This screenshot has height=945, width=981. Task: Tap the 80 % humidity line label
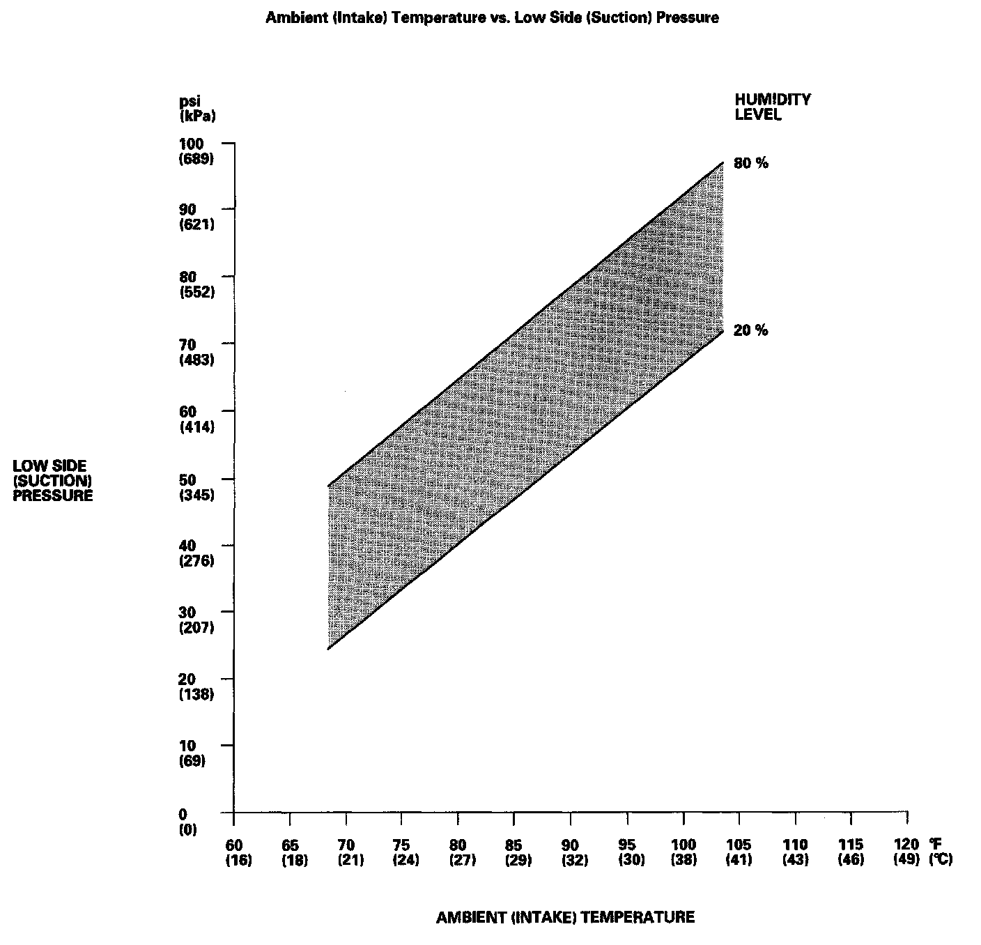pos(750,164)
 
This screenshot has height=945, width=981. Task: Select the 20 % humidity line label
pos(750,331)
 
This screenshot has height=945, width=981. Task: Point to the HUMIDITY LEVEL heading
pos(772,107)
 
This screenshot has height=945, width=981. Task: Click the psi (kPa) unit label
pos(197,109)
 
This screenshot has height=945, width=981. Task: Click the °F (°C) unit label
pos(939,852)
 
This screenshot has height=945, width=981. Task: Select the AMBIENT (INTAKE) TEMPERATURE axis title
pos(565,917)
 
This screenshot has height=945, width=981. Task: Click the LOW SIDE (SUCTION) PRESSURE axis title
pos(53,481)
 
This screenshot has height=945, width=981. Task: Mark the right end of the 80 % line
pos(723,162)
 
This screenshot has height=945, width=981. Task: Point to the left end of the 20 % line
pos(327,649)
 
